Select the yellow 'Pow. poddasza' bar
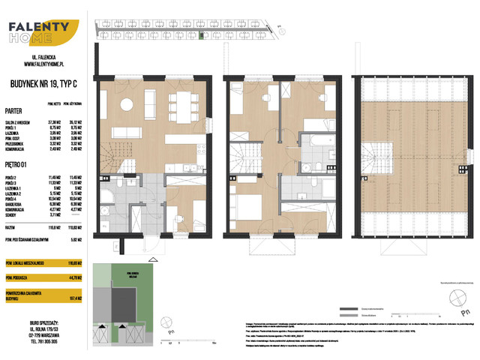pyautogui.click(x=42, y=277)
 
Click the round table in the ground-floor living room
pyautogui.click(x=129, y=103)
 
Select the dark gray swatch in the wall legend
pyautogui.click(x=346, y=309)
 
